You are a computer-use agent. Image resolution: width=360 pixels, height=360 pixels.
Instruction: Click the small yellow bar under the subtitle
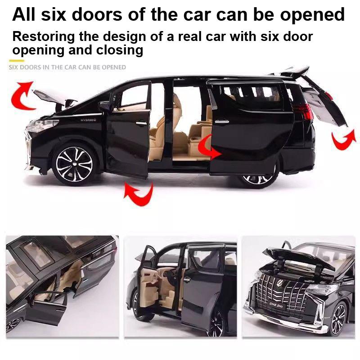17,60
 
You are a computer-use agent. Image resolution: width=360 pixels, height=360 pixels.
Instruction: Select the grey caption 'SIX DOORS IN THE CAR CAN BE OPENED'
67,67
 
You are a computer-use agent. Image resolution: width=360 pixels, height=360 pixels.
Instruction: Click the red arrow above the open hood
23,94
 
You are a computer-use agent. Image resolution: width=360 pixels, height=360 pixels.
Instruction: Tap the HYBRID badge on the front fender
89,120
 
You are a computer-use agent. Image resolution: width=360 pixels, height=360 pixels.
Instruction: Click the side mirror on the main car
104,106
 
